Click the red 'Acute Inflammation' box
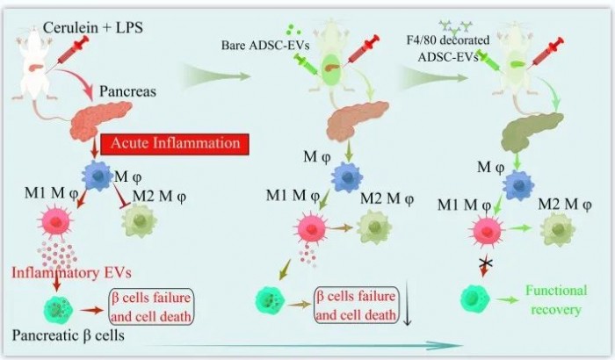coord(175,144)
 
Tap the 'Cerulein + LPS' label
coord(93,27)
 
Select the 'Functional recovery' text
coord(556,300)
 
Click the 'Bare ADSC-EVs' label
coord(265,45)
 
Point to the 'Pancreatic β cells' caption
coord(69,335)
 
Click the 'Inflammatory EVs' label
coord(71,272)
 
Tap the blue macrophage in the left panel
coord(98,176)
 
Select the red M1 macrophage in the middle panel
coord(312,229)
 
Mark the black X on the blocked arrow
coord(486,262)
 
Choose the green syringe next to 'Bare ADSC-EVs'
coord(307,64)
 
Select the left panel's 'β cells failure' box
coord(151,307)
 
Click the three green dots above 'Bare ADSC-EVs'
coord(293,29)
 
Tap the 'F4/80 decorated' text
coord(448,40)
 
